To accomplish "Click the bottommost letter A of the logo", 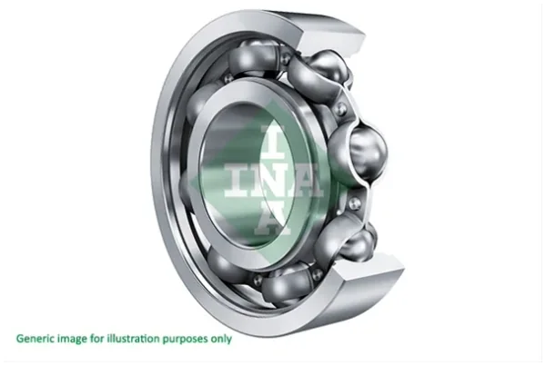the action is (272, 219).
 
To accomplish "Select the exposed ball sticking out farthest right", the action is (368, 152).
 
